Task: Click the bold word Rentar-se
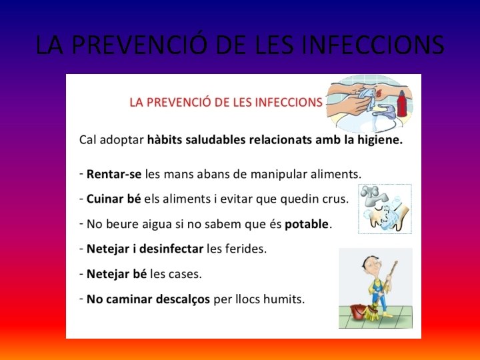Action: coord(114,174)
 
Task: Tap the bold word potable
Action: coord(307,224)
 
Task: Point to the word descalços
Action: coord(181,299)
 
